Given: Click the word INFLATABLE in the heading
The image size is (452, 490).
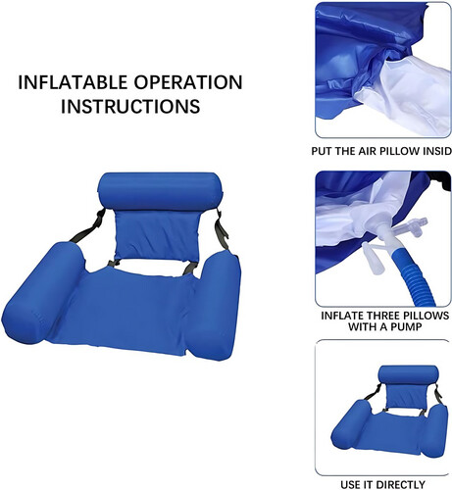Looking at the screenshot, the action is (x=73, y=82).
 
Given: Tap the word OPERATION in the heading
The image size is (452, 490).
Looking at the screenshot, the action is (x=188, y=82).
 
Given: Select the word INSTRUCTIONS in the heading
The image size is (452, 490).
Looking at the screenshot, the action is (x=130, y=106).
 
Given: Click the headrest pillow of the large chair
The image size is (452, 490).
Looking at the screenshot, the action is (x=160, y=191).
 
